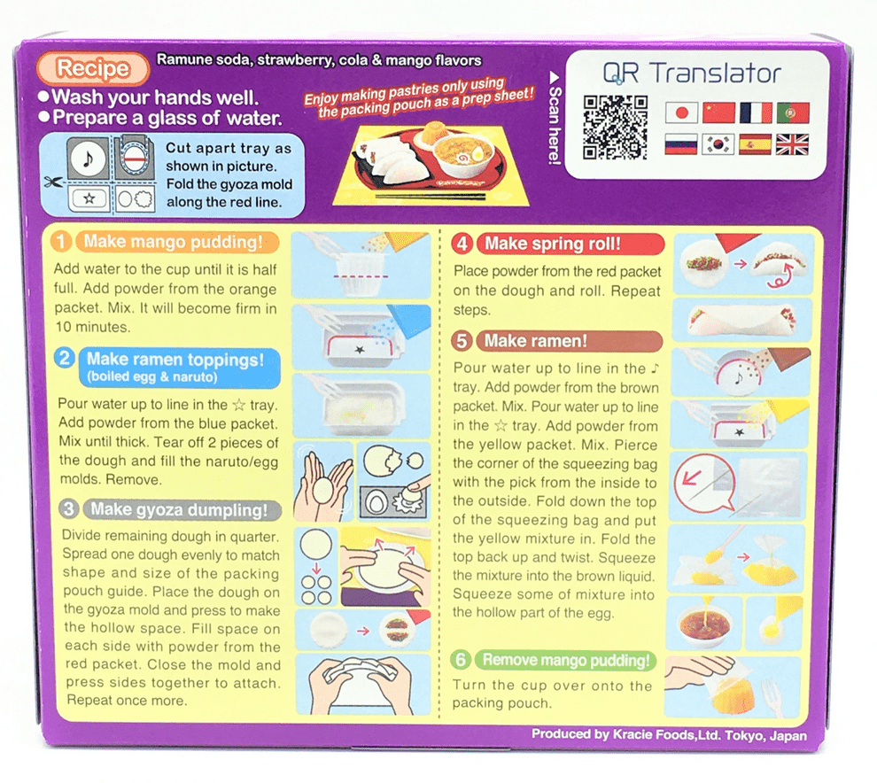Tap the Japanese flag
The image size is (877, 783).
[680, 112]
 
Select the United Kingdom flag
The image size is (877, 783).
[791, 144]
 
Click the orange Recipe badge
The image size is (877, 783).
[93, 68]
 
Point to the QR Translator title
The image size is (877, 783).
[692, 74]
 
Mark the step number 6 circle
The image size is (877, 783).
[461, 660]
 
